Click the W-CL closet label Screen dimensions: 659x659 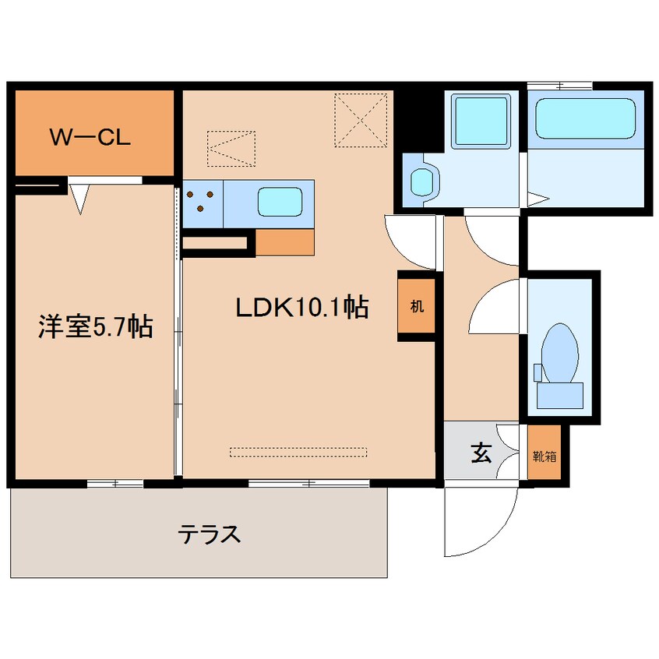90,138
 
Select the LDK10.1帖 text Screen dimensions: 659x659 301,308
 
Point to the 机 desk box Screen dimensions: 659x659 417,305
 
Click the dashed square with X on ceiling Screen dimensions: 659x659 361,120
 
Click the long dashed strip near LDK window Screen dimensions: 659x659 298,452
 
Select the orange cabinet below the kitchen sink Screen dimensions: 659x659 284,243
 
